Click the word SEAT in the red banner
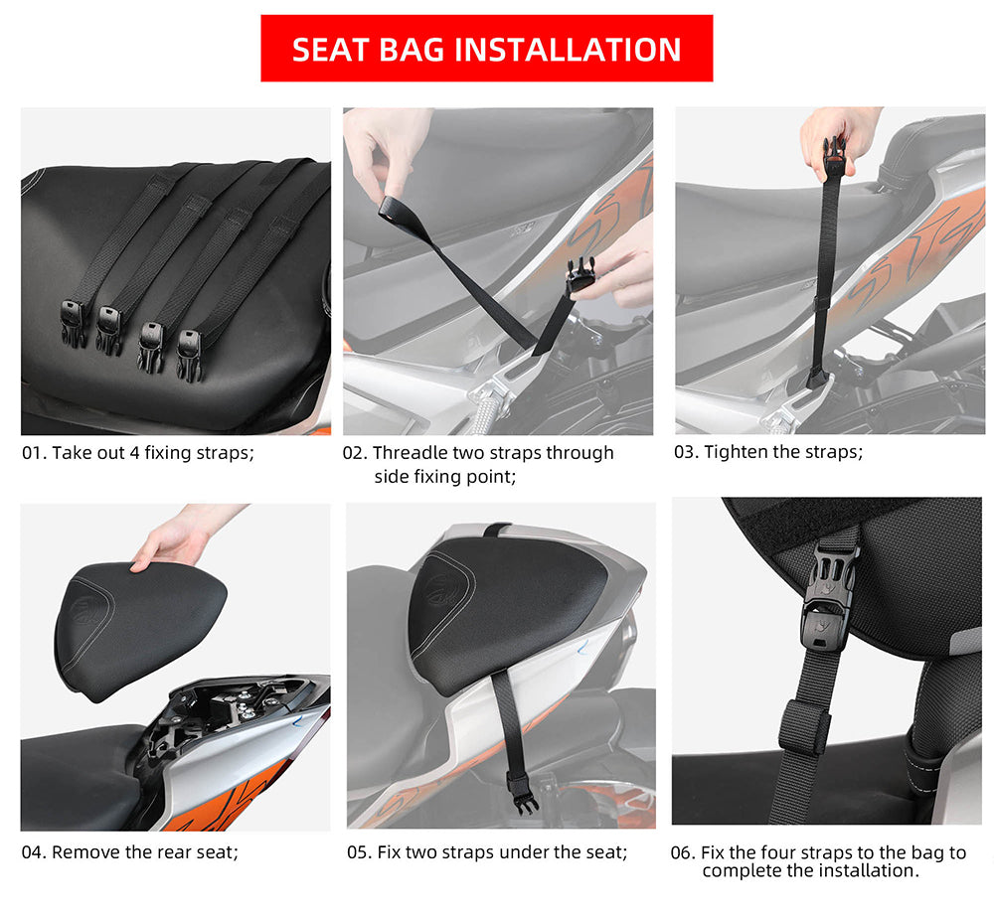coord(330,50)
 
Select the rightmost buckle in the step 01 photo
coord(190,355)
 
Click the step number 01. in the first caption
coord(34,453)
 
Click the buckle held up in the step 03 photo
coord(834,158)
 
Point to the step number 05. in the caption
coord(360,852)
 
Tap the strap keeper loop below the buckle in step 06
coord(805,727)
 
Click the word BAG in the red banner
coord(411,50)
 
